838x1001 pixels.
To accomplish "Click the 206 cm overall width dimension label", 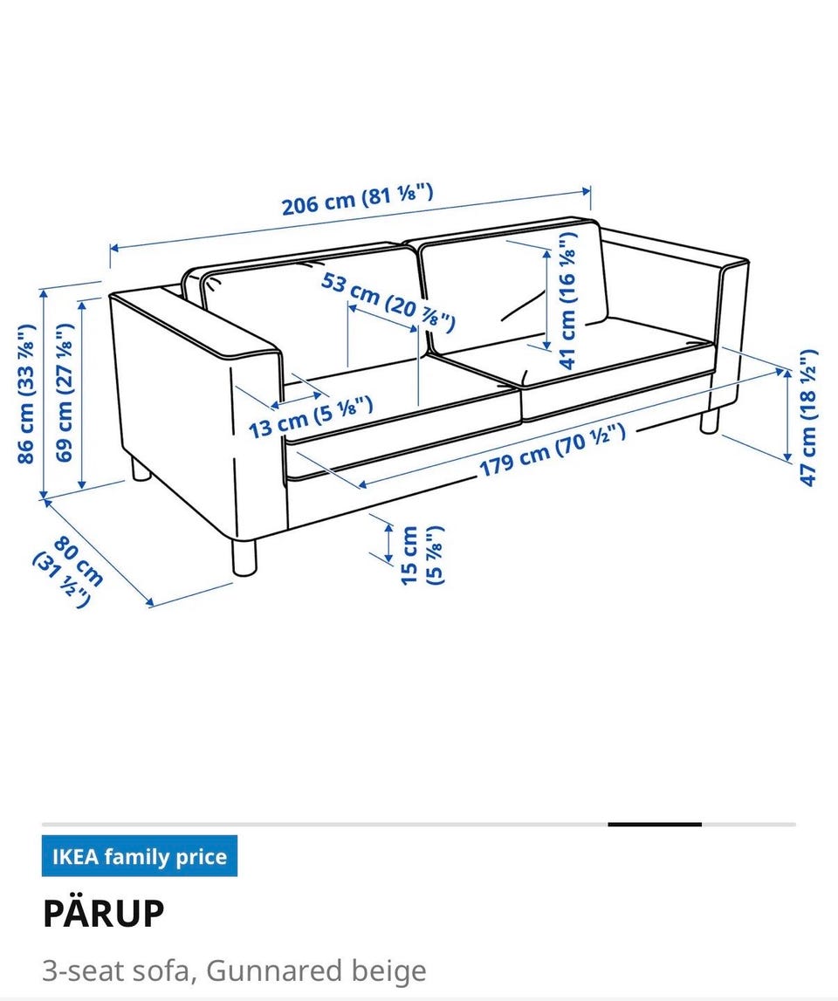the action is (x=358, y=198).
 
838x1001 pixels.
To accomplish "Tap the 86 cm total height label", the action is (x=26, y=394).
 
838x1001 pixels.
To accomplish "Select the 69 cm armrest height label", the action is (x=65, y=392).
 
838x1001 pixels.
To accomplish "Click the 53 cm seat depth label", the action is (x=388, y=301).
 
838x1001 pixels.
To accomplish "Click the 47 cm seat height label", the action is (x=808, y=418).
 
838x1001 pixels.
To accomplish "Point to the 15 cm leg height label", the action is (x=422, y=555).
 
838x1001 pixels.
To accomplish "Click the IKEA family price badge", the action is (x=140, y=855).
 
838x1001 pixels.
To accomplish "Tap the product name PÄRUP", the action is (x=104, y=913).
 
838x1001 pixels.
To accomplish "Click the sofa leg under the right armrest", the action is (x=709, y=422).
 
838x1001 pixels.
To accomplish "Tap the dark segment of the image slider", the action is (x=655, y=824).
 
